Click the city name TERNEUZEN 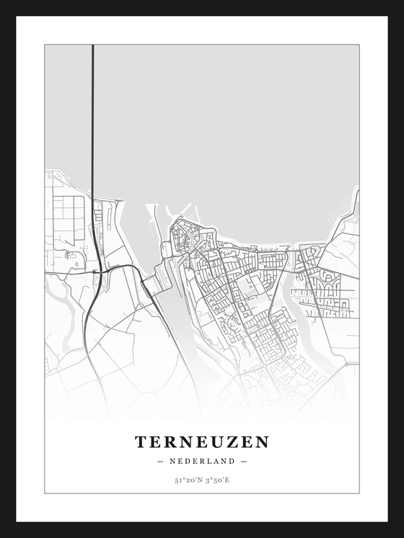tap(202, 441)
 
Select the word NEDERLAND tap(202, 461)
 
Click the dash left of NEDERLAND tap(159, 461)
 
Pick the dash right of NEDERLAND tap(244, 461)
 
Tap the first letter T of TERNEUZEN tap(141, 441)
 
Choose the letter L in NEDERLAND tap(209, 461)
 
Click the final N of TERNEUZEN tap(263, 441)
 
